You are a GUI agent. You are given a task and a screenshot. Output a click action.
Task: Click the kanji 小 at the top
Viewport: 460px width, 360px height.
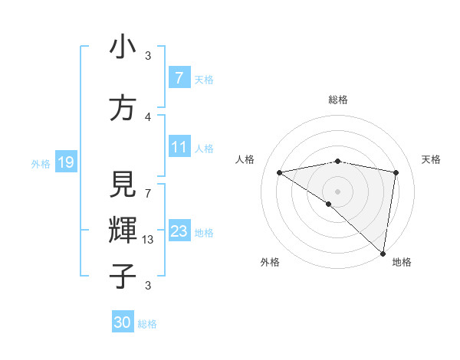coord(123,47)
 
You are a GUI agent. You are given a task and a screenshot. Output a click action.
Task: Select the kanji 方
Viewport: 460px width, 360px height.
coord(123,108)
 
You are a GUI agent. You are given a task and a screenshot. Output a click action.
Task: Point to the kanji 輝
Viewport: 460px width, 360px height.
coord(123,230)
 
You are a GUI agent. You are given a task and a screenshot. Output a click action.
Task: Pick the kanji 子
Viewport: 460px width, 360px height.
coord(123,276)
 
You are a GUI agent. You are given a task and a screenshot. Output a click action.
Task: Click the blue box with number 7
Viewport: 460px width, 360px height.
coord(179,78)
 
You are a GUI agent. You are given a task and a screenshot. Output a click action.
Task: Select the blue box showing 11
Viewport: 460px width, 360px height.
coord(179,148)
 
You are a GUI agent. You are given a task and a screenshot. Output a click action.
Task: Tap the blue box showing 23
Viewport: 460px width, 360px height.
coord(179,232)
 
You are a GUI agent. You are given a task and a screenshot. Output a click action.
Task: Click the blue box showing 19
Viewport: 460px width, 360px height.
coord(65,162)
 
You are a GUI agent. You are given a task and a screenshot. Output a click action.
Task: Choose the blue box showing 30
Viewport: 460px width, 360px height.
coord(123,322)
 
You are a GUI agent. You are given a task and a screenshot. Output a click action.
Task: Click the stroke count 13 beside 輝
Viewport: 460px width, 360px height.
coord(148,240)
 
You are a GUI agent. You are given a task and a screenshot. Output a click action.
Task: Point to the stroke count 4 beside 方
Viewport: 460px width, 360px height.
coord(148,117)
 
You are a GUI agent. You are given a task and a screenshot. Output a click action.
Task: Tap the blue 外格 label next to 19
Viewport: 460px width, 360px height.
coord(40,163)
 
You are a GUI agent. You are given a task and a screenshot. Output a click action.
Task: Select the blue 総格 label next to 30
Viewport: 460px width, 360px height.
coord(148,323)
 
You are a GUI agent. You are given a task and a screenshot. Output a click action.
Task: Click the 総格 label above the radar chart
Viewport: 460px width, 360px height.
coord(337,100)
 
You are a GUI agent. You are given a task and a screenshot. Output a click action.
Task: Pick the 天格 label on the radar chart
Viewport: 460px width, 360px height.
coord(431,159)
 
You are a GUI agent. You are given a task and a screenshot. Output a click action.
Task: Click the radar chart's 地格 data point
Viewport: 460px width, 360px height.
coord(383,253)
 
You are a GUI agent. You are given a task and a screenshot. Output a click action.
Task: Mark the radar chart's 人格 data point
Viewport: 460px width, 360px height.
coord(279,172)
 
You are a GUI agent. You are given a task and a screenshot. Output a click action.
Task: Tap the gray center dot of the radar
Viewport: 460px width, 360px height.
coord(337,190)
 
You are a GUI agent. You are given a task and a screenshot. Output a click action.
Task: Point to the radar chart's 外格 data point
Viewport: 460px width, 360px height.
coord(329,204)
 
